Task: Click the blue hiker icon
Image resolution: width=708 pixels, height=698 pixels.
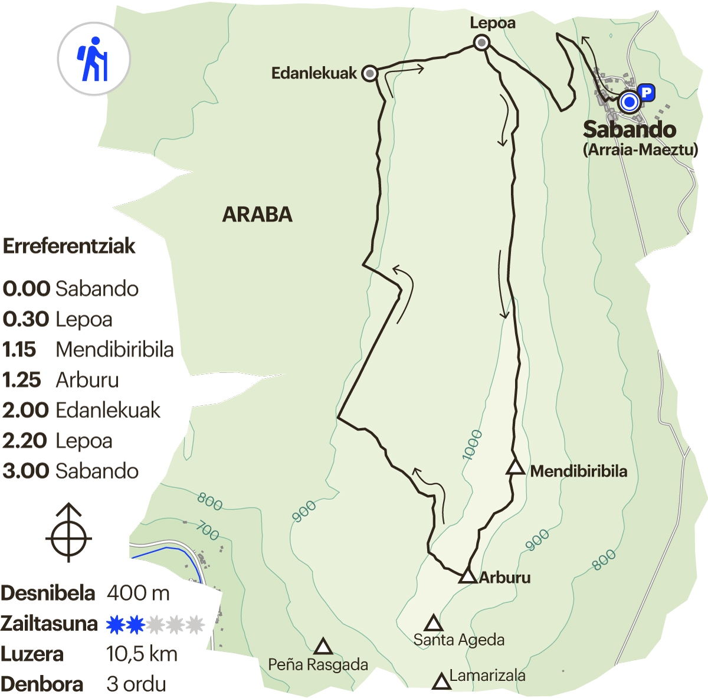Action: (x=93, y=59)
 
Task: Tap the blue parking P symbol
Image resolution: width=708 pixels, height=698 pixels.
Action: (x=647, y=92)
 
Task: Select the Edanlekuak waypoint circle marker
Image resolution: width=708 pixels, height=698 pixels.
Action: (x=370, y=73)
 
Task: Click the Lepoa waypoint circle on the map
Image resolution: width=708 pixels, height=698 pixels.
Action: (x=482, y=42)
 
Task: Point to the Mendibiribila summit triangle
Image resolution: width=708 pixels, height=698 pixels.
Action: (x=516, y=468)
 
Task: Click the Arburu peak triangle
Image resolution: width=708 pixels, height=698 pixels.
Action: (x=468, y=576)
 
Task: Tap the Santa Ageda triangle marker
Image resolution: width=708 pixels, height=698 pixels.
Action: (x=434, y=623)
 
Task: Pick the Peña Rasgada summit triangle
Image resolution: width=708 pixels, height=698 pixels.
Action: (x=323, y=647)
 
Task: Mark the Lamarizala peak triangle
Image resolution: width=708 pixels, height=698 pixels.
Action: (x=441, y=682)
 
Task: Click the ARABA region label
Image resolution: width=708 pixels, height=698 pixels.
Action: (x=257, y=214)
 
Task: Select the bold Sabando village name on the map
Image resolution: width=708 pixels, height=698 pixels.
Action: (x=629, y=129)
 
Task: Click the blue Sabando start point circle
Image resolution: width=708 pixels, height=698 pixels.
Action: (x=630, y=103)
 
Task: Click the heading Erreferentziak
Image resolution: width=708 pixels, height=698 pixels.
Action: (x=70, y=246)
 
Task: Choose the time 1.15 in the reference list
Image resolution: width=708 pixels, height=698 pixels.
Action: (x=19, y=350)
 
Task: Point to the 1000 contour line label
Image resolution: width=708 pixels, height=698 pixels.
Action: (x=472, y=445)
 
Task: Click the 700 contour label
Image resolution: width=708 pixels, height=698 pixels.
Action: (x=208, y=531)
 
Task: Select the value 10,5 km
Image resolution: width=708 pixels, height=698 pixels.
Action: (x=142, y=654)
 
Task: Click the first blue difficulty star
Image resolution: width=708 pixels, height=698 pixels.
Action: (x=115, y=624)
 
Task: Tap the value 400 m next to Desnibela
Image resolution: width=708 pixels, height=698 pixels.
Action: (x=138, y=593)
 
